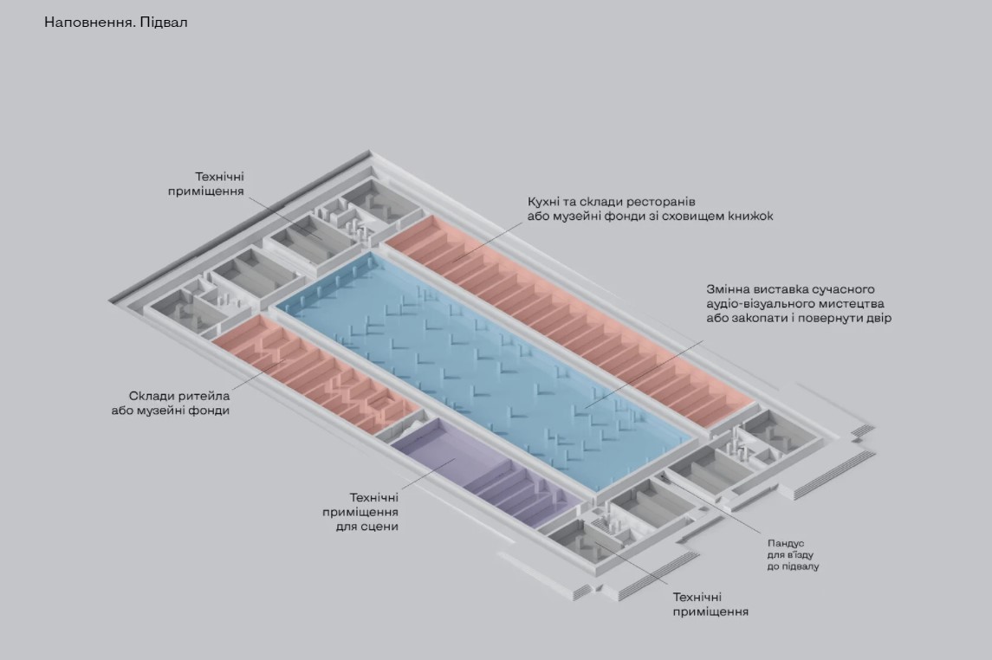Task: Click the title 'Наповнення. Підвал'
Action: click(x=115, y=23)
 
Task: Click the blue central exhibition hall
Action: click(x=485, y=364)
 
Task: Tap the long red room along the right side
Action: click(x=572, y=320)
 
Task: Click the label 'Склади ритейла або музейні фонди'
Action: click(x=179, y=403)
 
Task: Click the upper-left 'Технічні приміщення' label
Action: click(x=206, y=183)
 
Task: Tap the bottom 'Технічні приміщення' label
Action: click(x=710, y=605)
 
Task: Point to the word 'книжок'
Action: click(x=750, y=216)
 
